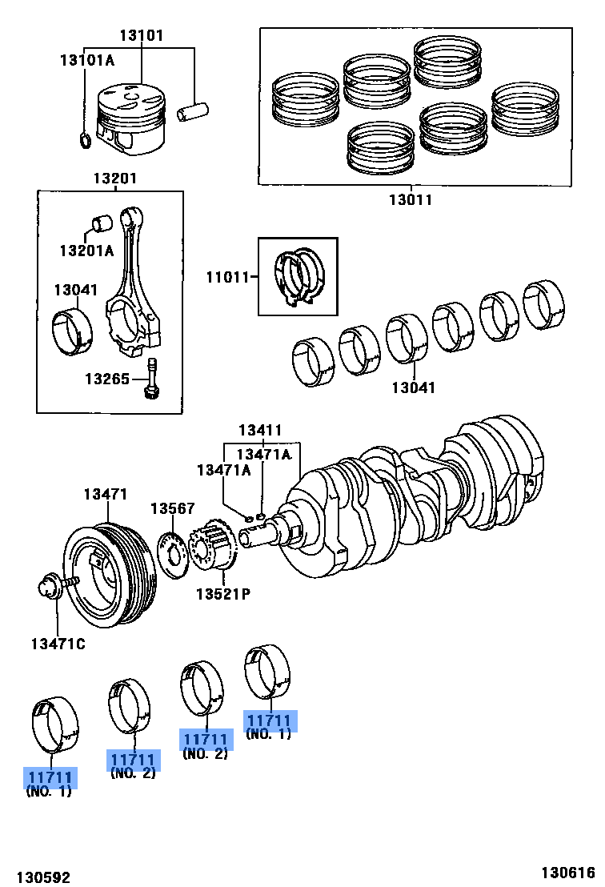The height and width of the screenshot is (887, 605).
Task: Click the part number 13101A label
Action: (87, 59)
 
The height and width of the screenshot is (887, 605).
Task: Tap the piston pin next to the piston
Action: (193, 110)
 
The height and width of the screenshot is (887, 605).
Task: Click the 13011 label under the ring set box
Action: (411, 199)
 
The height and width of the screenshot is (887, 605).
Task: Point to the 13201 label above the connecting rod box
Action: (114, 179)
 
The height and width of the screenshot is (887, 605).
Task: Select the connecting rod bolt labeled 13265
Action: (151, 378)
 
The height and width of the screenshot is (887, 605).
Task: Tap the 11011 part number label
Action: (227, 277)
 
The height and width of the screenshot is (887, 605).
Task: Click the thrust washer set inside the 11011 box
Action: (298, 277)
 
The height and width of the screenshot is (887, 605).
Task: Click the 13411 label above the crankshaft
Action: (259, 431)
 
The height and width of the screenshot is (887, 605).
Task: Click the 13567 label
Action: (172, 508)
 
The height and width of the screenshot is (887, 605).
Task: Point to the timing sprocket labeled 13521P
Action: (213, 546)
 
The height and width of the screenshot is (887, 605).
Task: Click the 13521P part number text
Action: (223, 594)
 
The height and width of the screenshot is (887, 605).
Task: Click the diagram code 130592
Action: (43, 877)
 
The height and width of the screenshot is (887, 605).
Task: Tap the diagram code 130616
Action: (569, 873)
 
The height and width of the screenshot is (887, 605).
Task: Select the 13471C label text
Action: (58, 644)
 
